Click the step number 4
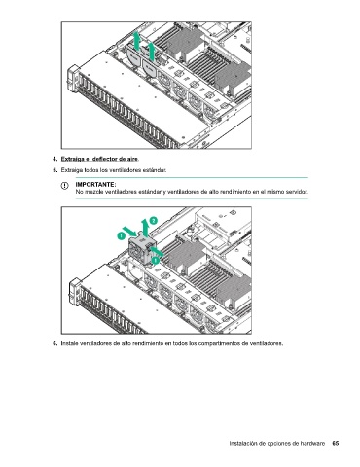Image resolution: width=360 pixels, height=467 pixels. tap(54, 159)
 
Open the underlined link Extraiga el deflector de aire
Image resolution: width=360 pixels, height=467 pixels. tap(99, 159)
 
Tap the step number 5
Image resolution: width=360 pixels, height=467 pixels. tap(54, 170)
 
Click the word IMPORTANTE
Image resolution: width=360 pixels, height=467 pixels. tap(95, 185)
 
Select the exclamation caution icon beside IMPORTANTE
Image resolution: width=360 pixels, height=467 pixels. tap(65, 186)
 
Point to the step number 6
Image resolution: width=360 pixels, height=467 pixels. tap(54, 343)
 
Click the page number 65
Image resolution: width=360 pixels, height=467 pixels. tap(336, 443)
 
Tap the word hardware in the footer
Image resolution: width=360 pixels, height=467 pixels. tap(311, 443)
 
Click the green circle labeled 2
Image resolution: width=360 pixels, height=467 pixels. tap(153, 221)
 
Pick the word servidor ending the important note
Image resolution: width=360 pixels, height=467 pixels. tap(297, 192)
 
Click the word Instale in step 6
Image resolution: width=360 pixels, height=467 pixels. tap(69, 343)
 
